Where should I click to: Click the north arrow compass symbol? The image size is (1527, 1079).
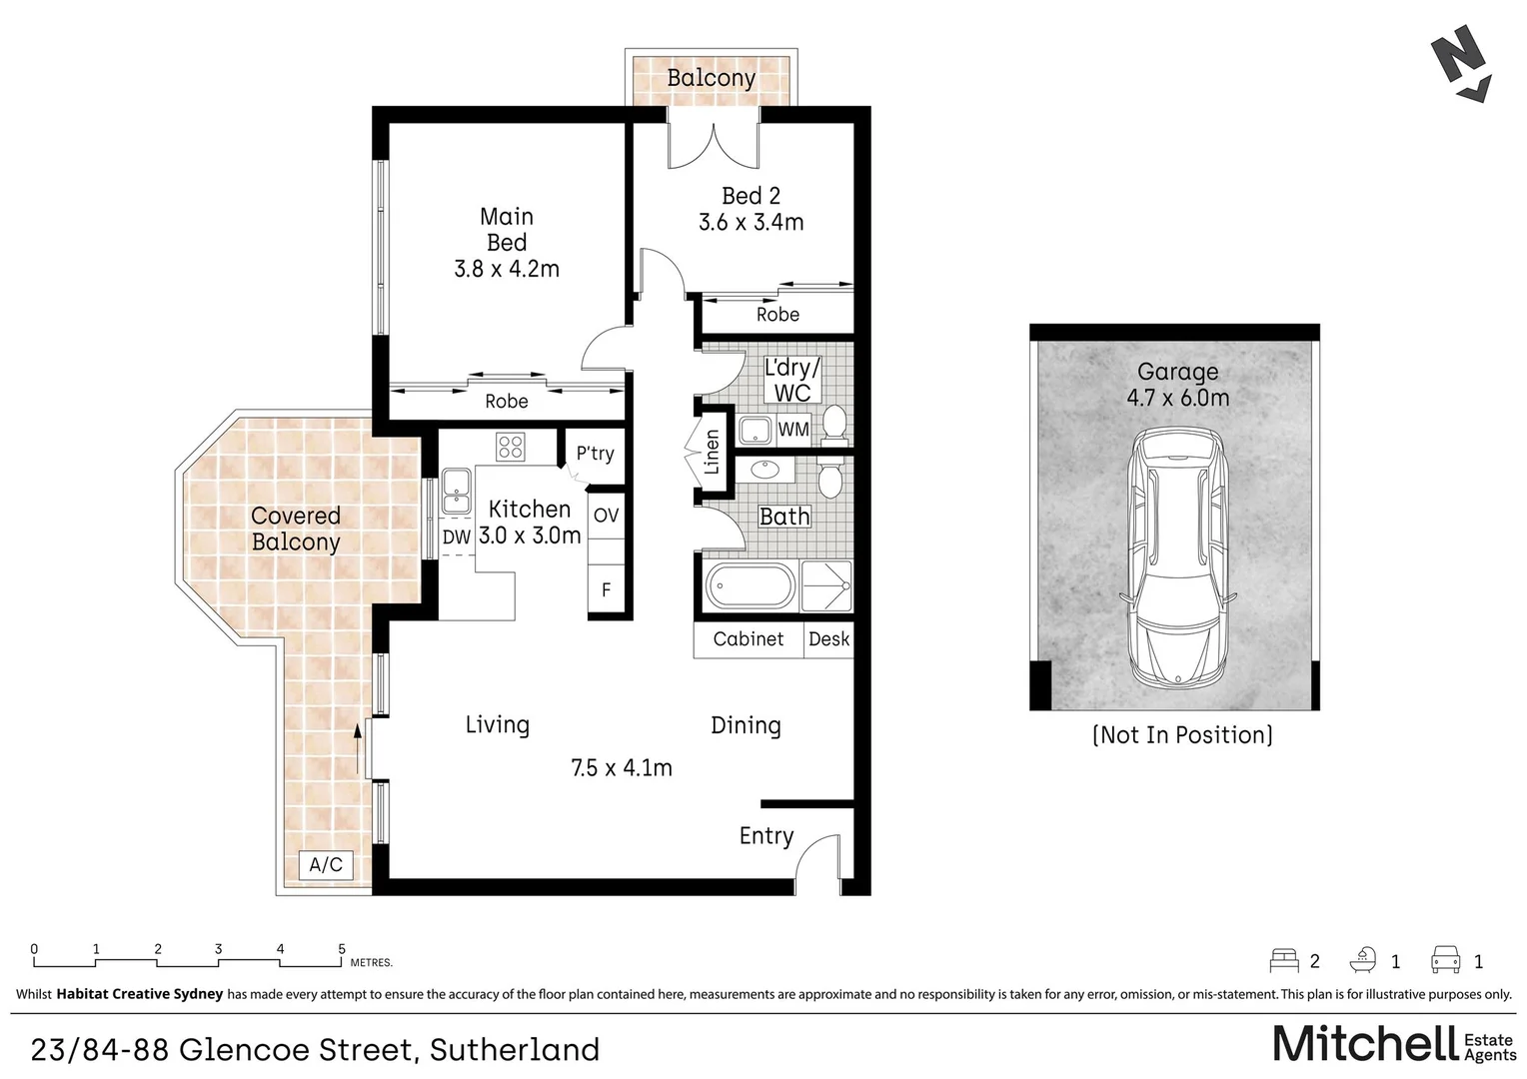[x=1461, y=63]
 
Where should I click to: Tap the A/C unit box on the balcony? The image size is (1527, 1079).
[x=326, y=865]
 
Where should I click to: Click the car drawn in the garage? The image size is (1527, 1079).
[x=1178, y=557]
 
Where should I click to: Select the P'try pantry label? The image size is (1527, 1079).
[x=596, y=454]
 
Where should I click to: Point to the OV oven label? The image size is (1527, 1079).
[x=606, y=516]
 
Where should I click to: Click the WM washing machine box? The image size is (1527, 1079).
[x=793, y=430]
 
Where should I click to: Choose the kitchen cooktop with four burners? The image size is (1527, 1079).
[x=511, y=448]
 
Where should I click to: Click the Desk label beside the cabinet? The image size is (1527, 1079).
[x=828, y=638]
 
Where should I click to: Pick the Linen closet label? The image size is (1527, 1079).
[x=712, y=452]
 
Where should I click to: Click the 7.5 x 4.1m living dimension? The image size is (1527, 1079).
[x=622, y=768]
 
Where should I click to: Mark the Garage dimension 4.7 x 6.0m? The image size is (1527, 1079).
[x=1178, y=398]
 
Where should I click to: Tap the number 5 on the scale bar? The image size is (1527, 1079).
[x=342, y=949]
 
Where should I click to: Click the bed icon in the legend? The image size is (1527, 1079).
[x=1284, y=960]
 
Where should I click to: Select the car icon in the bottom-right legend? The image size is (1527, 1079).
[x=1446, y=960]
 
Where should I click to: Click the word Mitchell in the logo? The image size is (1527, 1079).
[x=1365, y=1044]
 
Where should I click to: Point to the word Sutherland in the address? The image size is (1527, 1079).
[x=515, y=1049]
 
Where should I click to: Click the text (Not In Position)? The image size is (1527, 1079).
[x=1183, y=735]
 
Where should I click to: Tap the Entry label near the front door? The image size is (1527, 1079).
[x=766, y=836]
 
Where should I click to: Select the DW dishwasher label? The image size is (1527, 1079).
[x=457, y=538]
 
